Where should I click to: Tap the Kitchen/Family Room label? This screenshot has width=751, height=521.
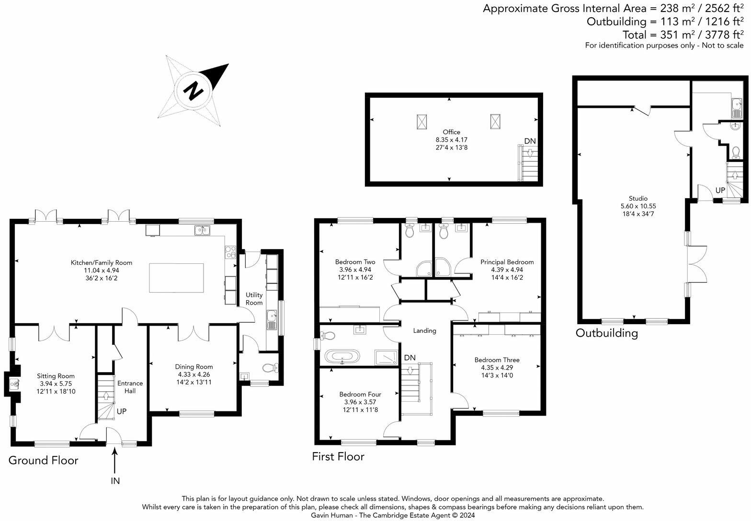coord(101,262)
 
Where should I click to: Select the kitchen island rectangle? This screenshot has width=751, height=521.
coord(176,278)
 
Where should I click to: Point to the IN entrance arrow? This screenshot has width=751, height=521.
coord(114,462)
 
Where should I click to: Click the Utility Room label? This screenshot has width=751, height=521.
coord(254,299)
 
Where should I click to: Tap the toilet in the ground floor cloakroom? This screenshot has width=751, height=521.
coord(270,368)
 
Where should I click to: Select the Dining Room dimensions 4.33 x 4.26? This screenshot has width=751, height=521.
coord(193,374)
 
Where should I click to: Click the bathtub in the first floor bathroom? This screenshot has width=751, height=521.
coord(342,357)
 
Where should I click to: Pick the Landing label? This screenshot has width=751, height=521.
coord(424,330)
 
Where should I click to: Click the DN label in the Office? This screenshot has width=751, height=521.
coord(530,141)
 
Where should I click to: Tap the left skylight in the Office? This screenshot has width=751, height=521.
coord(422,122)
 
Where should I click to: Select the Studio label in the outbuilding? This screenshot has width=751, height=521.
coord(638,198)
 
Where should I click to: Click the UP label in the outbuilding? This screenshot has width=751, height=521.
coord(720,190)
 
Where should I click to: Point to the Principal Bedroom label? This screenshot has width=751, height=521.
coord(507,262)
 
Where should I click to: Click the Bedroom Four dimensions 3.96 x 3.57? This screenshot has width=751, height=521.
coord(360,402)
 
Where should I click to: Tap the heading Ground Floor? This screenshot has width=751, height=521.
coord(43,460)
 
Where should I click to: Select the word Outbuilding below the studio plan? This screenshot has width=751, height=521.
coord(606,333)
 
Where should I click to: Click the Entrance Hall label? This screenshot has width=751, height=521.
coord(130,387)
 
